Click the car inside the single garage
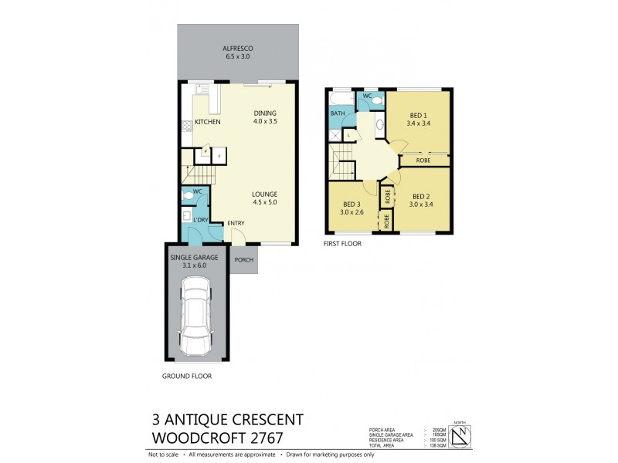coord(196,317)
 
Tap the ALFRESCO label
coord(238,48)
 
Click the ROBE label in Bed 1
coord(423,161)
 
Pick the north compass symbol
coord(460,437)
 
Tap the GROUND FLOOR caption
coord(186,377)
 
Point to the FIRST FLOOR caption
coord(343,243)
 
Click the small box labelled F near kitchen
coord(219,155)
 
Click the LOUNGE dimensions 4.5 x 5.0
coord(264,203)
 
